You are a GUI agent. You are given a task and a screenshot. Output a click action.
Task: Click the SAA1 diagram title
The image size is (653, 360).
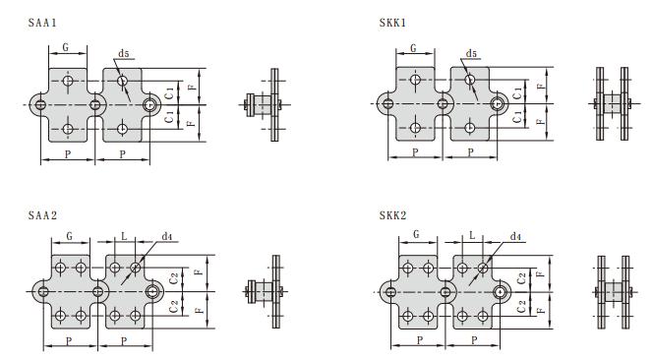pyautogui.click(x=42, y=23)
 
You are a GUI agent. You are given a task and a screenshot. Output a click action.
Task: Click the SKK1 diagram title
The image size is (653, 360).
pyautogui.click(x=392, y=23)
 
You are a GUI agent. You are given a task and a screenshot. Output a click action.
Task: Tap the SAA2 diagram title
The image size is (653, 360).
pyautogui.click(x=42, y=215)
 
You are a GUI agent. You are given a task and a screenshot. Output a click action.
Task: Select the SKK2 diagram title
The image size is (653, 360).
pyautogui.click(x=392, y=215)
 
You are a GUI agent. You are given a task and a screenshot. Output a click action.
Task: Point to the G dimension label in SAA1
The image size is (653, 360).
pyautogui.click(x=66, y=47)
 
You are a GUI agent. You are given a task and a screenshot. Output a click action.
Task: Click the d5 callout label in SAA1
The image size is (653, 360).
pyautogui.click(x=124, y=53)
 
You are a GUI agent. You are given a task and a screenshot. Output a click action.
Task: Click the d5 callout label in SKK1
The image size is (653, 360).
pyautogui.click(x=471, y=53)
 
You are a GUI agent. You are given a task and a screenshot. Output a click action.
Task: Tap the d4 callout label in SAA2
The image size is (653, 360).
pyautogui.click(x=167, y=236)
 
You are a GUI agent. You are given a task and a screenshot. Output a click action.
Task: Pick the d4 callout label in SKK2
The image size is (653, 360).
pyautogui.click(x=515, y=236)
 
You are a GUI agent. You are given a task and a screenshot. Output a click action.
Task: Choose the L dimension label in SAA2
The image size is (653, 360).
pyautogui.click(x=124, y=236)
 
